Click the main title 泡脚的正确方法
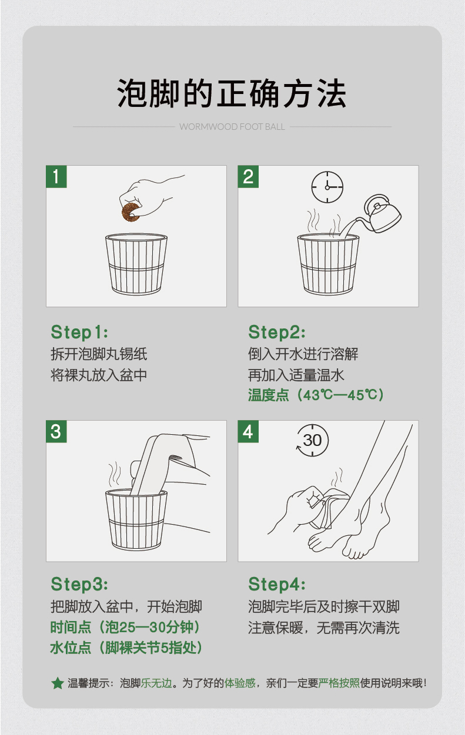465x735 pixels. tap(232, 93)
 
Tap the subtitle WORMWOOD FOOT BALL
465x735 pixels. tap(232, 127)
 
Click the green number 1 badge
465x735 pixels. tap(56, 176)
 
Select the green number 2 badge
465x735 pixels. tap(248, 176)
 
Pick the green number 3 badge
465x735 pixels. tap(56, 431)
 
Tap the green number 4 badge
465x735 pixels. tap(248, 431)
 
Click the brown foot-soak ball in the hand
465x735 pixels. tap(131, 212)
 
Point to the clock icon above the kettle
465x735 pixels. tap(327, 187)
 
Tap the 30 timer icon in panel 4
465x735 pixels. tap(313, 440)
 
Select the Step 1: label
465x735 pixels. tap(79, 332)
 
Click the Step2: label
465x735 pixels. tap(276, 332)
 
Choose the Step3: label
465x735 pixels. tap(79, 584)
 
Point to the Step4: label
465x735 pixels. tap(276, 584)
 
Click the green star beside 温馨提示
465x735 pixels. tap(58, 683)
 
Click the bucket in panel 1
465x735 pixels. tap(136, 264)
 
